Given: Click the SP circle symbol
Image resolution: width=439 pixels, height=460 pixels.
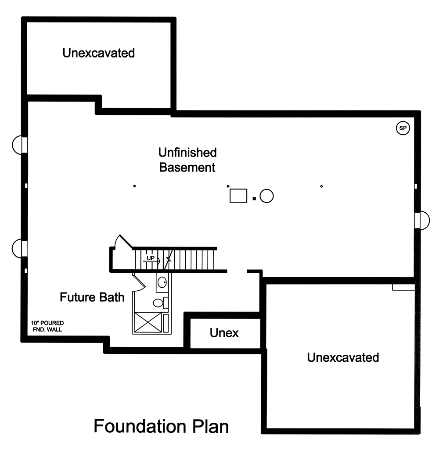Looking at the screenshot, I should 403,128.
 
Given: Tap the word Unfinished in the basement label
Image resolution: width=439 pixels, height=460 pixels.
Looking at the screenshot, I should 187,153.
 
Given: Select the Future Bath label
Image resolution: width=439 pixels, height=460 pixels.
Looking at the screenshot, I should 92,297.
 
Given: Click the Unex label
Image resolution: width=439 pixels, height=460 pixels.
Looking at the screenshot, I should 224,333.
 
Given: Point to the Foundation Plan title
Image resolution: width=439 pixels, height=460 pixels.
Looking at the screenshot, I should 161,426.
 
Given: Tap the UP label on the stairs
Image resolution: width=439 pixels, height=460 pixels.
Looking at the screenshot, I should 151,258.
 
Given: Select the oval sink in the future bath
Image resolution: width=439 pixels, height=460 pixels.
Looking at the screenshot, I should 162,281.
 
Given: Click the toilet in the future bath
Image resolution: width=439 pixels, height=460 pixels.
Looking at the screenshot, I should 159,303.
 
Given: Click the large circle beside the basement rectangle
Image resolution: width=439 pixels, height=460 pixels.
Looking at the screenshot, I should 266,196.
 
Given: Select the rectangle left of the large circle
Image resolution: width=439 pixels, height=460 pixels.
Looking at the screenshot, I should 238,196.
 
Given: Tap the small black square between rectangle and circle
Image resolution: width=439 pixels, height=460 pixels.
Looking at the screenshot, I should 254,199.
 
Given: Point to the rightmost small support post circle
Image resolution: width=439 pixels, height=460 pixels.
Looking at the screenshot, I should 322,186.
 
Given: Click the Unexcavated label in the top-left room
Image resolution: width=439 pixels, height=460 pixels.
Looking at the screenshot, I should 98,53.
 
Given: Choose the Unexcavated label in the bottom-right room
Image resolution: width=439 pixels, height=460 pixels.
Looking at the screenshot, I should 343,357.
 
